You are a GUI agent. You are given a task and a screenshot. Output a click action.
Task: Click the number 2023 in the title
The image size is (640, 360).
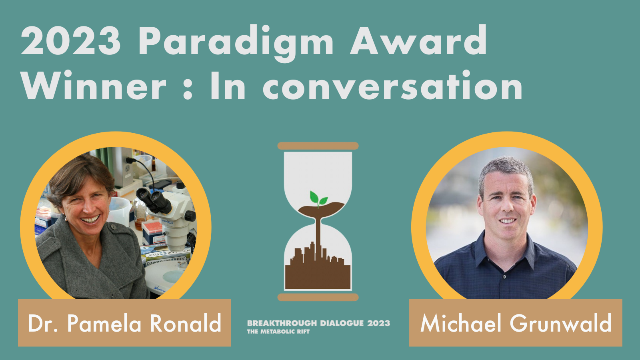pos(71,40)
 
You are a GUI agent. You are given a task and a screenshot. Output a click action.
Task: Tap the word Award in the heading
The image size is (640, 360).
pos(418,40)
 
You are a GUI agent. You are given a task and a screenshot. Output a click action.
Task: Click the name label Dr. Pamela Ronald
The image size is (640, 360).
pos(124,323)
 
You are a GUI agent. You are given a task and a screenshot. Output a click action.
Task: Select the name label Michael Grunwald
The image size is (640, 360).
pos(516,323)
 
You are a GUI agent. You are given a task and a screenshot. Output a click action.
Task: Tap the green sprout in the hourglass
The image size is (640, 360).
pos(318,198)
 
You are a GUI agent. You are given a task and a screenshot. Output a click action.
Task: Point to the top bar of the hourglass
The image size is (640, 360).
pos(318,146)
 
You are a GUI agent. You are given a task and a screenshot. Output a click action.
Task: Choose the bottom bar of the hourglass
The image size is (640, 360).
pos(318,297)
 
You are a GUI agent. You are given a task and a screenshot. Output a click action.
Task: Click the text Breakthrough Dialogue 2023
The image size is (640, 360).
pos(318,323)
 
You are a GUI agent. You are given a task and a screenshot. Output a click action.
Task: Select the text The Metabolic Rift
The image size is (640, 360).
pos(278,332)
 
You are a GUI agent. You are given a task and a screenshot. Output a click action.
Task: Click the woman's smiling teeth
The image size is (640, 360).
pos(90,220)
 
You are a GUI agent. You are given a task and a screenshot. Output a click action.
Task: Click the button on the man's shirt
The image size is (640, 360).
pos(505,276)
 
